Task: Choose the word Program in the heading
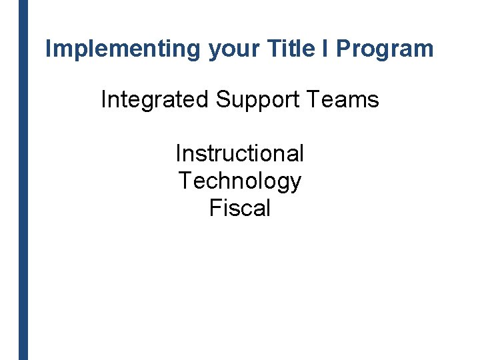point(385,49)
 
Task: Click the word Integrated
point(155,100)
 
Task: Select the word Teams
point(345,100)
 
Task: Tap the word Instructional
point(239,153)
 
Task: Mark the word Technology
point(239,181)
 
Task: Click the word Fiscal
point(239,208)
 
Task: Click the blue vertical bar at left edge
point(23,180)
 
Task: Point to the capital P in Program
point(343,49)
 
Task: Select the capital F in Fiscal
point(215,208)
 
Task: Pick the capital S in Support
point(222,100)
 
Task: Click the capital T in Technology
point(184,181)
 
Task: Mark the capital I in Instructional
point(178,153)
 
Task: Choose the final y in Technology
point(295,183)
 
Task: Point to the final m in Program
point(425,50)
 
